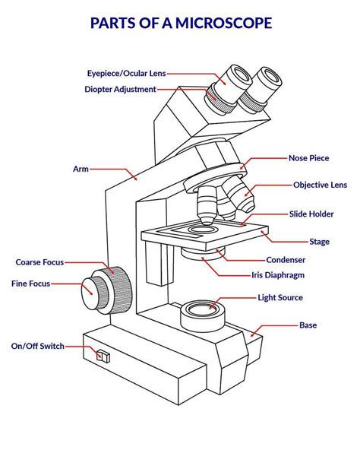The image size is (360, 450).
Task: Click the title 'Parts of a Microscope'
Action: (180, 24)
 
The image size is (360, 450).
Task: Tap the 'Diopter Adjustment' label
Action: (120, 90)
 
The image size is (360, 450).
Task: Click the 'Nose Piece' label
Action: (308, 158)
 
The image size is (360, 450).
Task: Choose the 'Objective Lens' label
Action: (320, 185)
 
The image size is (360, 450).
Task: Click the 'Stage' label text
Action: (319, 242)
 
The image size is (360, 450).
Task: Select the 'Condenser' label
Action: (286, 259)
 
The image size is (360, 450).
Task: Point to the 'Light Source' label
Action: (279, 298)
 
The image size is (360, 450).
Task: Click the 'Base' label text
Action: (308, 325)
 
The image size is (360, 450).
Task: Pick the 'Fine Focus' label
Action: (31, 284)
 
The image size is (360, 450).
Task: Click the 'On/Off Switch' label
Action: (37, 346)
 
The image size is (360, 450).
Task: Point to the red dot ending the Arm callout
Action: (135, 179)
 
